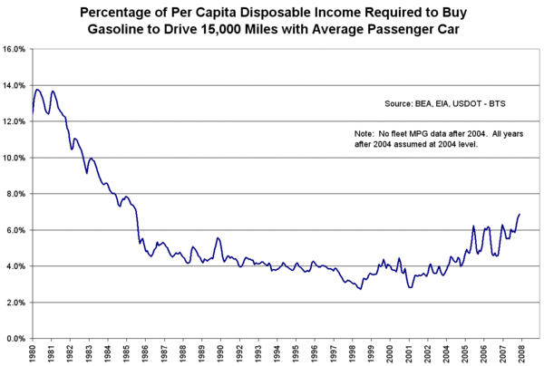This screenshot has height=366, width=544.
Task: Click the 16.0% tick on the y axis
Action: point(15,49)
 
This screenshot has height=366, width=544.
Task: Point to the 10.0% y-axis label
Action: point(15,158)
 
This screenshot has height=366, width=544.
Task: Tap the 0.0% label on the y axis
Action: point(17,339)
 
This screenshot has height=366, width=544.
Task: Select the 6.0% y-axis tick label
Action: point(17,230)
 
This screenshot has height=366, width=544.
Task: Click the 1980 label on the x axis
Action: point(32,353)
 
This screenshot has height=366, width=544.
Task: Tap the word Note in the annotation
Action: point(364,133)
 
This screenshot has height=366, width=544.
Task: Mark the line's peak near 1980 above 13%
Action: point(37,89)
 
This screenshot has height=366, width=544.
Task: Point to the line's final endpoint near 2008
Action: point(520,214)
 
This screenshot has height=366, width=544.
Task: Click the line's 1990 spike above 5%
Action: point(218,237)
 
